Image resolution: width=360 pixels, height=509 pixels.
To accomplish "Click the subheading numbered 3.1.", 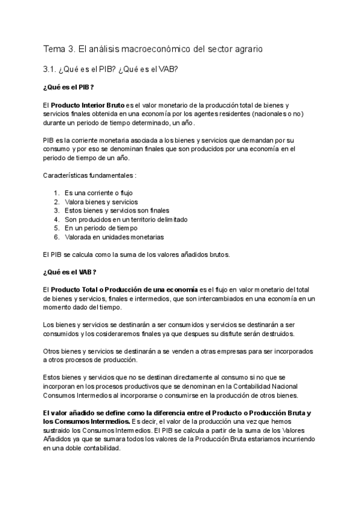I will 110,70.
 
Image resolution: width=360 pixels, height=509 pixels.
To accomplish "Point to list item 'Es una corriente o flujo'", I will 98,193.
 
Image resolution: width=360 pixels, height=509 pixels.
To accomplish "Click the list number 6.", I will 56,237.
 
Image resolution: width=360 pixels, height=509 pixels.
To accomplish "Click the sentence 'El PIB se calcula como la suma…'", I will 136,254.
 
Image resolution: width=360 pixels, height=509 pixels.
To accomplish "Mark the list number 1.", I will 56,193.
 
